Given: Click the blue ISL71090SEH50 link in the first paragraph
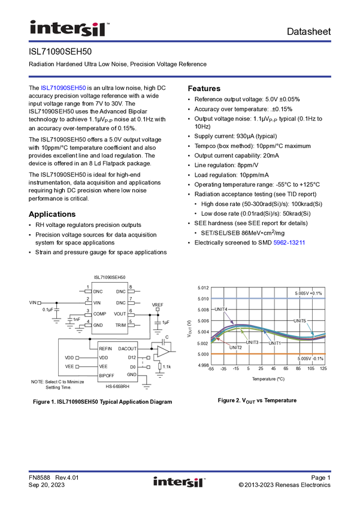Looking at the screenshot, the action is tap(63, 88).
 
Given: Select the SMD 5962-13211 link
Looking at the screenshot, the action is tap(289, 243).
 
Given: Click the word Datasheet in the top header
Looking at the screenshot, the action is tap(308, 32).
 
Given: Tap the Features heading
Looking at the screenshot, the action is tap(204, 89).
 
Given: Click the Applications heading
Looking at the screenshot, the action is tap(52, 214).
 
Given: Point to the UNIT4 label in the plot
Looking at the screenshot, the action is tap(221, 310).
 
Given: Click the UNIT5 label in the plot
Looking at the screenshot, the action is tap(300, 321).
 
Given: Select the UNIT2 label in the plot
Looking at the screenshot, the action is tap(235, 348).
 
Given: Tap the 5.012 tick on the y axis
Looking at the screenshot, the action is tap(203, 288).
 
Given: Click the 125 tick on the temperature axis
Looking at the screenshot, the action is tap(323, 368).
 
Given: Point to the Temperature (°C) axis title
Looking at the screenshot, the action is tap(268, 379).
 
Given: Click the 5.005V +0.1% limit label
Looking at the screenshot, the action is tap(308, 293).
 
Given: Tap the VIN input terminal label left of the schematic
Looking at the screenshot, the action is tap(33, 302).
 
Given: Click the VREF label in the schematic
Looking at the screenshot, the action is tap(158, 305).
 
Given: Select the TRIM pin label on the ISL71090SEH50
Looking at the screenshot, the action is tap(120, 325).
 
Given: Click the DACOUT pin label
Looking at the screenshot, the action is tap(127, 349).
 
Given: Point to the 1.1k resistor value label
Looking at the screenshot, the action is tap(167, 366).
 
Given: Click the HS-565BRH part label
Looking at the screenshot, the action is tap(117, 386).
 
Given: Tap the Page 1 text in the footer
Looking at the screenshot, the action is tap(320, 477).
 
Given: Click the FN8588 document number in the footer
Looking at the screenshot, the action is tap(40, 477).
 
